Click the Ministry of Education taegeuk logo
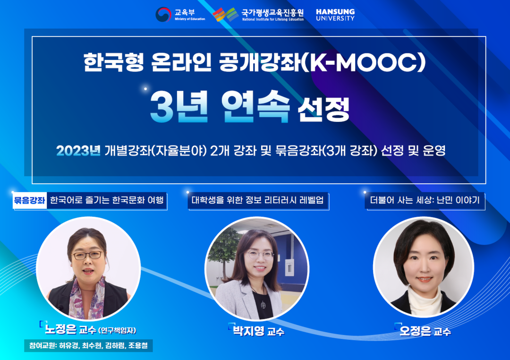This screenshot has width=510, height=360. coord(163,15)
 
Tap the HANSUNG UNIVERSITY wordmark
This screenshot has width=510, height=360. coord(335,15)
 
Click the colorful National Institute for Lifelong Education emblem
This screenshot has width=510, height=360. coord(225,15)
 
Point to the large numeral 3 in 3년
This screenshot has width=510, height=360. coord(161,106)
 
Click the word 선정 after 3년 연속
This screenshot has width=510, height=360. coord(323,109)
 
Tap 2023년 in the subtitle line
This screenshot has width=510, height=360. coord(78,151)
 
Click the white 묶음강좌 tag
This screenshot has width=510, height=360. coord(30,200)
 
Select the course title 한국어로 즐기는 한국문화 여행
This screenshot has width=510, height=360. coord(107,200)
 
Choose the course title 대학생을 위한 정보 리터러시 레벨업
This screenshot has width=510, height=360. coord(258,200)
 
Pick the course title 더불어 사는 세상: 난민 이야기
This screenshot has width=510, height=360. coord(425,200)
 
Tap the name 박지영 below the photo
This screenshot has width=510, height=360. coord(248,331)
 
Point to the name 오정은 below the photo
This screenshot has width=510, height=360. coord(416,331)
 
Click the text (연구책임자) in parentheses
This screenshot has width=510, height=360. coord(117,330)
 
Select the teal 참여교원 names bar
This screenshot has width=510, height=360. coord(88,346)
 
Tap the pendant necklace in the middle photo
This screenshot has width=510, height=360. coord(263,305)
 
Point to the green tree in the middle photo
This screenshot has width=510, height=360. coord(224,251)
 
